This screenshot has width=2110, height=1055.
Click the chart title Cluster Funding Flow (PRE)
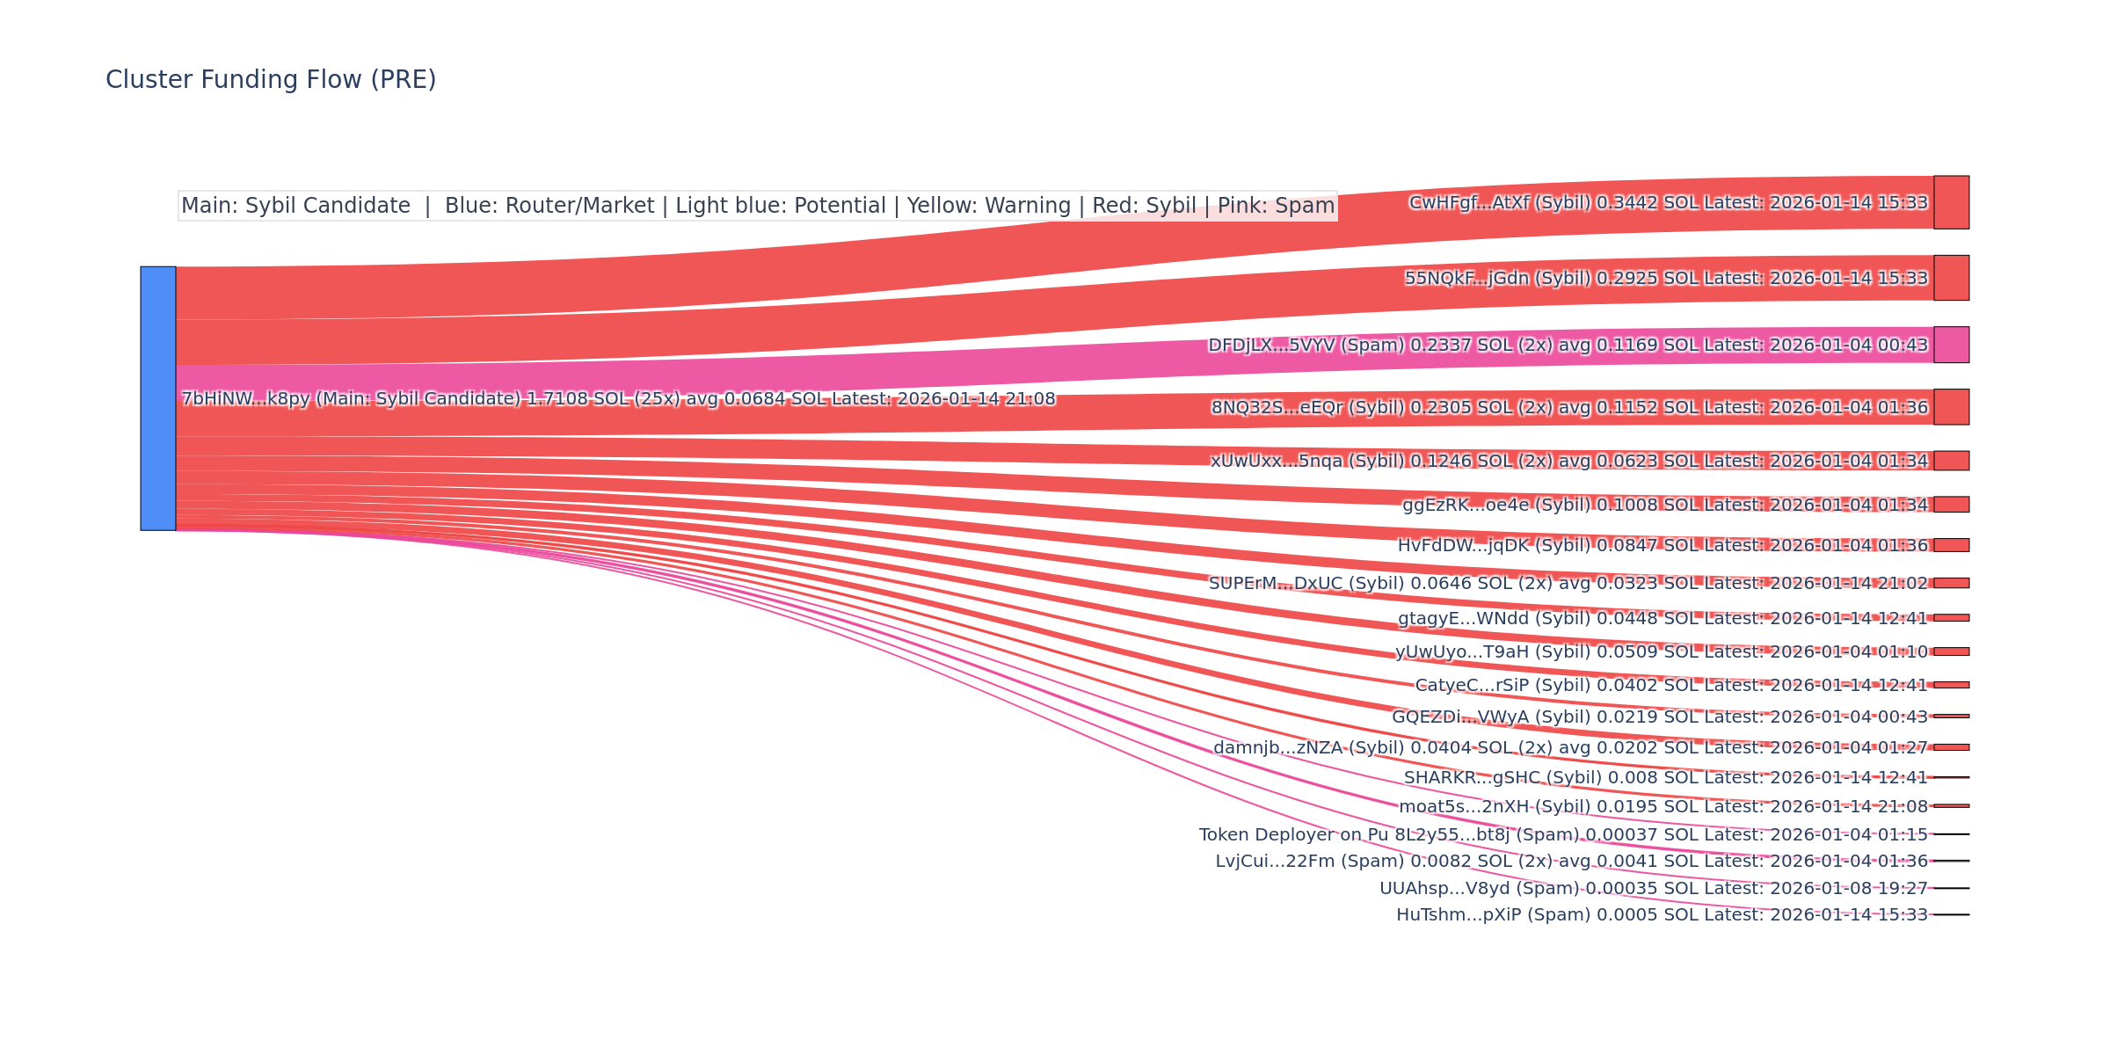(271, 80)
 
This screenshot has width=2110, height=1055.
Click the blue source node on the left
(158, 398)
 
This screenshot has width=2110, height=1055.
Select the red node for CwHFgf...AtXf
(1951, 202)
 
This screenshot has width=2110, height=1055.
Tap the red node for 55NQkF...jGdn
(1951, 278)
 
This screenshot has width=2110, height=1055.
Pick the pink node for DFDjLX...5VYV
(1951, 345)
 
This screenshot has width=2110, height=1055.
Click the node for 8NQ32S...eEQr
(1951, 407)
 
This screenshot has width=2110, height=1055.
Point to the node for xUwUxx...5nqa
(1951, 461)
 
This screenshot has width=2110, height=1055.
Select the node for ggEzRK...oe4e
(1951, 505)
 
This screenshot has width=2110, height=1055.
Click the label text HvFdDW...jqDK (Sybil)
(1495, 546)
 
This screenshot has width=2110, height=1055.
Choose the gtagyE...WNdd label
(1662, 619)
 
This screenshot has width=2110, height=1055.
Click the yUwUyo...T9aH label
(1661, 652)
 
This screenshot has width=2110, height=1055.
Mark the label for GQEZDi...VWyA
(1659, 717)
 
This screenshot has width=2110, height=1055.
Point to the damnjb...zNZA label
(1569, 748)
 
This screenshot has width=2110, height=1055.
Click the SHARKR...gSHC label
(1665, 778)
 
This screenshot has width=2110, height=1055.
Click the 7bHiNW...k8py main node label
(618, 399)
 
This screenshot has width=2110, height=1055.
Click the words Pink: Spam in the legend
(1270, 206)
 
